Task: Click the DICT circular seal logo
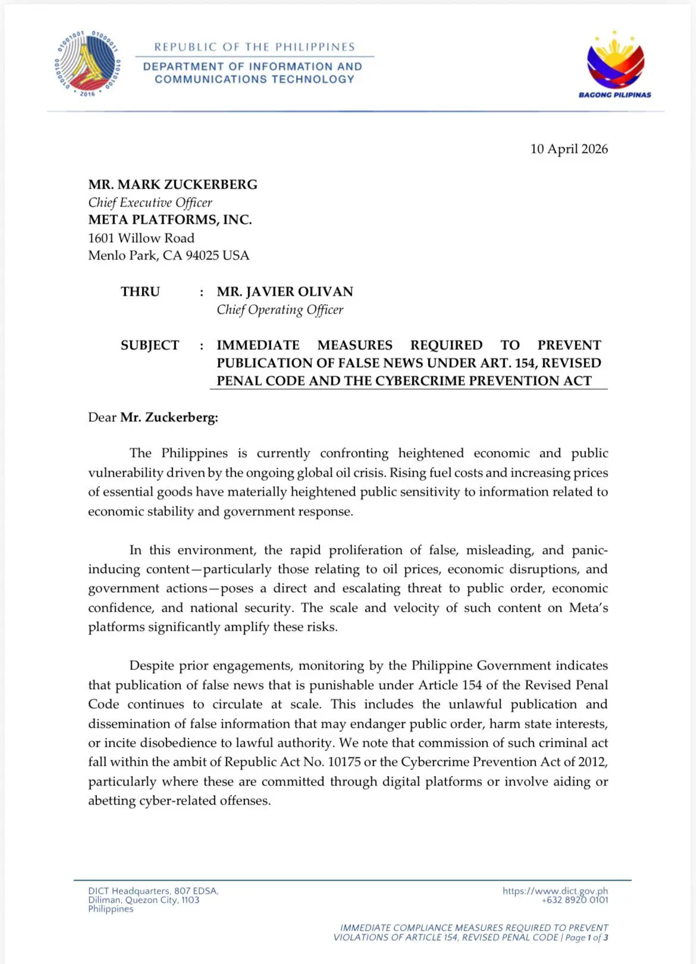(87, 64)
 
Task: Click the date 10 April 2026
(569, 149)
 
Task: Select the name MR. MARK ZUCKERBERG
(173, 184)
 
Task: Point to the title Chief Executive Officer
(150, 202)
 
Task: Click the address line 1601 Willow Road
(141, 238)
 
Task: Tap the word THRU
(140, 292)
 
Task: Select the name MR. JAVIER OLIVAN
(284, 292)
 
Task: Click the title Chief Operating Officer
(280, 309)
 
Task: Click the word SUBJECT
(150, 345)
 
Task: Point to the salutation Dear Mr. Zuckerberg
(153, 417)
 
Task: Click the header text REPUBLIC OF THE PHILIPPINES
(255, 47)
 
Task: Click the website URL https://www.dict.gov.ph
(555, 891)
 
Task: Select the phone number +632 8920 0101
(575, 900)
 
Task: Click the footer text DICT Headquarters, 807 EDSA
(153, 891)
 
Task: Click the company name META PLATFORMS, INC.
(170, 220)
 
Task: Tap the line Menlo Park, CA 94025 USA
(168, 255)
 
